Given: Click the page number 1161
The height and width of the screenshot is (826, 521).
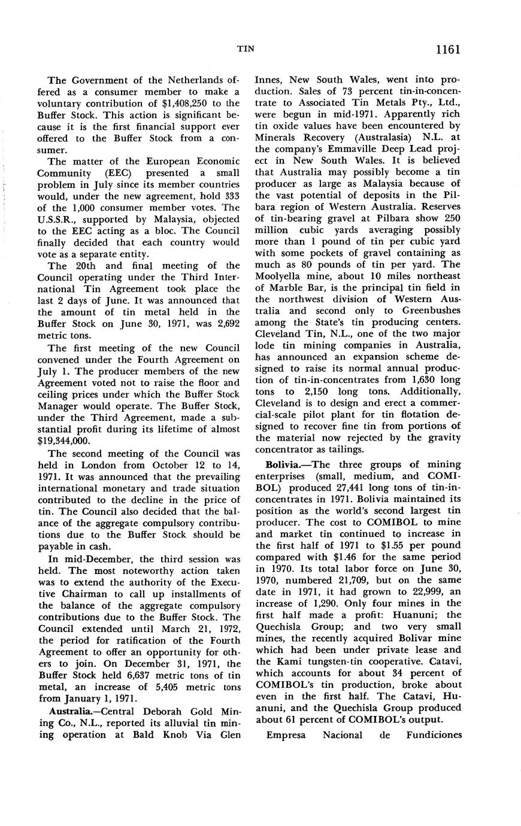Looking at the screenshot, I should click(x=444, y=49).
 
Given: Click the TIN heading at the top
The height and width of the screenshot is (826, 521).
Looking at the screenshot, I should click(x=247, y=50).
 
